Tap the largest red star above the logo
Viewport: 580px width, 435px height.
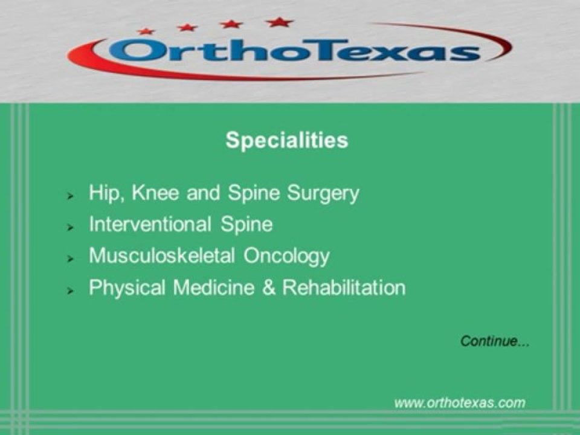(x=279, y=22)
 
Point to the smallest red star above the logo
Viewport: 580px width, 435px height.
(x=146, y=31)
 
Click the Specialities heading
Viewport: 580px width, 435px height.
(x=286, y=140)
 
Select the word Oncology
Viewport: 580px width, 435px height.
(x=286, y=256)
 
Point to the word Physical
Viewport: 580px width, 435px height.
(x=127, y=288)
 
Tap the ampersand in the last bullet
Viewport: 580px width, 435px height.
(x=268, y=288)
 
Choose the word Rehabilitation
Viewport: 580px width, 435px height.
(x=344, y=288)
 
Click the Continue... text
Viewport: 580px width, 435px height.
(x=495, y=341)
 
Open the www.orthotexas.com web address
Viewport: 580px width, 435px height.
(x=460, y=402)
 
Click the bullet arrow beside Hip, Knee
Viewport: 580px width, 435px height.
(x=71, y=196)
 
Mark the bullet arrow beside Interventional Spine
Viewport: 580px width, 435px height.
(x=71, y=227)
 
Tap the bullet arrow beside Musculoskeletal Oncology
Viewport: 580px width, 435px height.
(x=71, y=259)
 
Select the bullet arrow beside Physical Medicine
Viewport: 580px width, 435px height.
(x=71, y=291)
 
